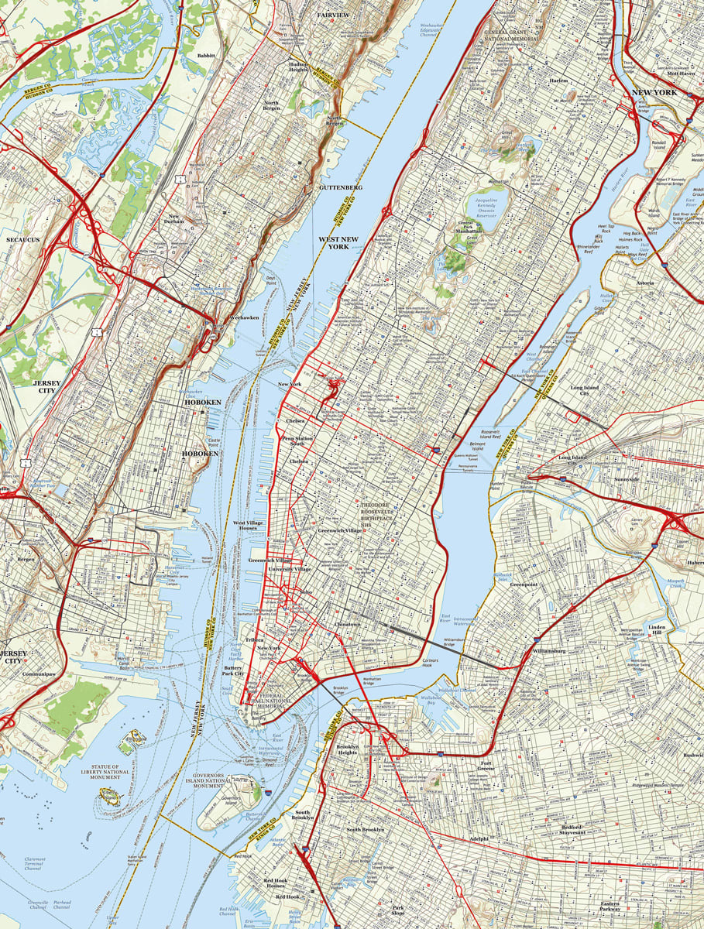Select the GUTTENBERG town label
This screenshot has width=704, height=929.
[x=340, y=187]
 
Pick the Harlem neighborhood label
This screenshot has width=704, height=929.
[x=558, y=81]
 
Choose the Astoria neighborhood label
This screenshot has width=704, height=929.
[x=645, y=283]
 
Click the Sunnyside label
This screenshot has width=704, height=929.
[x=627, y=479]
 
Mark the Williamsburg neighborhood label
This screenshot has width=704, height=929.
[x=549, y=651]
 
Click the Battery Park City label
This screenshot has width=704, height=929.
[x=233, y=670]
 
